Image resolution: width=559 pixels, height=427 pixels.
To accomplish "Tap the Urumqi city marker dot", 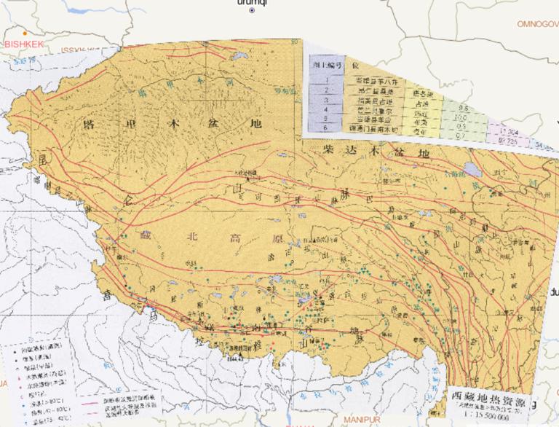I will tap(252, 11).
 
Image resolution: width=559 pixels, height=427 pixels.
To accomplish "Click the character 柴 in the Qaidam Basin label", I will tap(330, 149).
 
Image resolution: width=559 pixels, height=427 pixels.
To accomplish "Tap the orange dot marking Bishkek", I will tap(25, 33).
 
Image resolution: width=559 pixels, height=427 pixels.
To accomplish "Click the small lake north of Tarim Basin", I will tap(237, 56).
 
